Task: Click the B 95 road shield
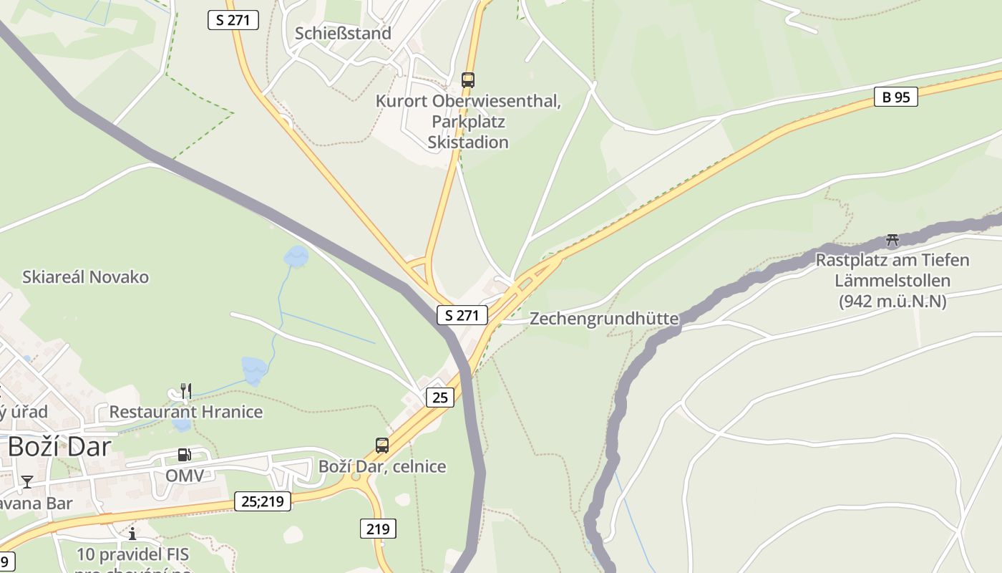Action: pyautogui.click(x=895, y=97)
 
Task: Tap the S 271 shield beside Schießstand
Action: pyautogui.click(x=233, y=20)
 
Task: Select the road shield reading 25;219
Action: pyautogui.click(x=263, y=501)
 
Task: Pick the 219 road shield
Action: pyautogui.click(x=377, y=529)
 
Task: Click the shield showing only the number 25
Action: pyautogui.click(x=439, y=397)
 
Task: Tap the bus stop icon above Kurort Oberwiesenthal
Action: pyautogui.click(x=468, y=80)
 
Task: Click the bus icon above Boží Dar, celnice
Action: pyautogui.click(x=382, y=445)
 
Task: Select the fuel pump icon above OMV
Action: pyautogui.click(x=185, y=455)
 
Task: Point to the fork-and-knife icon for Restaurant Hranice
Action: pyautogui.click(x=186, y=390)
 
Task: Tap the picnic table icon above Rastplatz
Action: pyautogui.click(x=892, y=239)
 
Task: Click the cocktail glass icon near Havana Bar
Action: pyautogui.click(x=27, y=481)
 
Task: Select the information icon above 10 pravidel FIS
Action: pyautogui.click(x=132, y=534)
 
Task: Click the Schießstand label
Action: pyautogui.click(x=343, y=34)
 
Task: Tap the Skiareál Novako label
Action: pyautogui.click(x=85, y=277)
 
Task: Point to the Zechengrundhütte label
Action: pyautogui.click(x=603, y=319)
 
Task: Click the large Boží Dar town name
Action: pyautogui.click(x=59, y=447)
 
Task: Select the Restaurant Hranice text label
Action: pyautogui.click(x=185, y=412)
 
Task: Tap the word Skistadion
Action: pyautogui.click(x=468, y=142)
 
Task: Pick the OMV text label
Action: pyautogui.click(x=185, y=476)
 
